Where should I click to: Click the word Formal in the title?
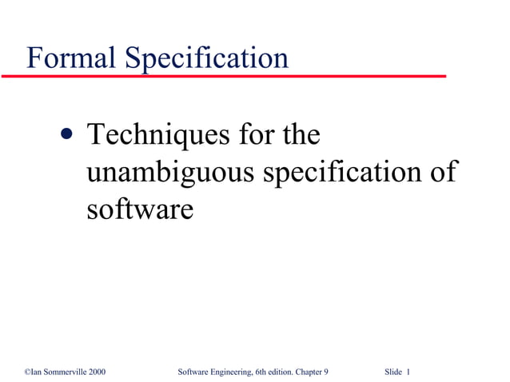(66, 58)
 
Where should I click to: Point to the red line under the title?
(224, 76)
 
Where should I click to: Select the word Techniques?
(156, 135)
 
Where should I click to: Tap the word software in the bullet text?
(139, 209)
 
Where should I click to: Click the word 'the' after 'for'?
(299, 135)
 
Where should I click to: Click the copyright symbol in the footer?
(27, 372)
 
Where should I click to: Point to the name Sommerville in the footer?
(63, 372)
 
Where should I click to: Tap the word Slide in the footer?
(392, 372)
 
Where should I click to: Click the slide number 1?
(408, 372)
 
